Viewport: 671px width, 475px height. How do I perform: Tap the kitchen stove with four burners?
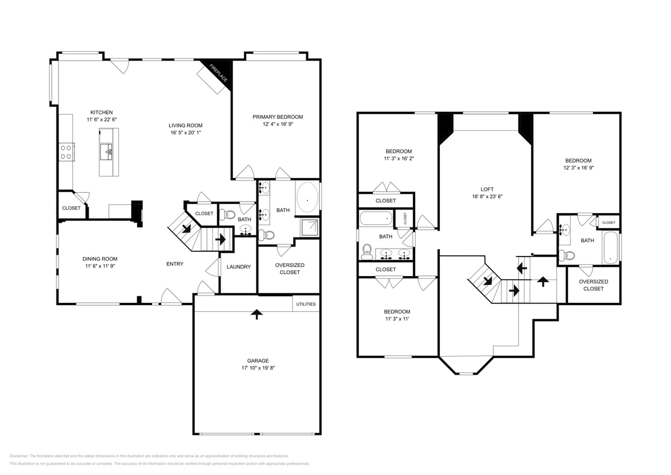coord(66,152)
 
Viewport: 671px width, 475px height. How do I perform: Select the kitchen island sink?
coord(108,151)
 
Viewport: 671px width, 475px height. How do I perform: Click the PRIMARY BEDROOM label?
coord(277,117)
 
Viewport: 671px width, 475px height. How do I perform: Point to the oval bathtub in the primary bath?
coord(307,198)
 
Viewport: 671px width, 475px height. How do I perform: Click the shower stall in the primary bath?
coord(310,227)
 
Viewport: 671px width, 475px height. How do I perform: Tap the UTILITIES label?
coord(306,304)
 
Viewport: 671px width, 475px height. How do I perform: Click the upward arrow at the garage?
coord(256,314)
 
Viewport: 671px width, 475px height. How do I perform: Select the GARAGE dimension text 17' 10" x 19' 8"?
coord(257,368)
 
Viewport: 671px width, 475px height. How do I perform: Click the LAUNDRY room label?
coord(238,267)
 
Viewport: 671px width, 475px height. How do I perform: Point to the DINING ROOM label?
coord(100,259)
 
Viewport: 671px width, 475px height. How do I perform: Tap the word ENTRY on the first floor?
coord(175,264)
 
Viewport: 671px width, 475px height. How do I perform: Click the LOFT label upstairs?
coord(487,189)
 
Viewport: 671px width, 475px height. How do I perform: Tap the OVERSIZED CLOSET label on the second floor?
coord(593,285)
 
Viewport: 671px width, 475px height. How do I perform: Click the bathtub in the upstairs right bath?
coord(610,248)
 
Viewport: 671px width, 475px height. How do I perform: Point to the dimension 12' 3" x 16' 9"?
coord(578,168)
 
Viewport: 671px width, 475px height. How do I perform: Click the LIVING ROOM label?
coord(185,125)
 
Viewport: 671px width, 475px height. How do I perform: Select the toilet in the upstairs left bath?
coord(367,253)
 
